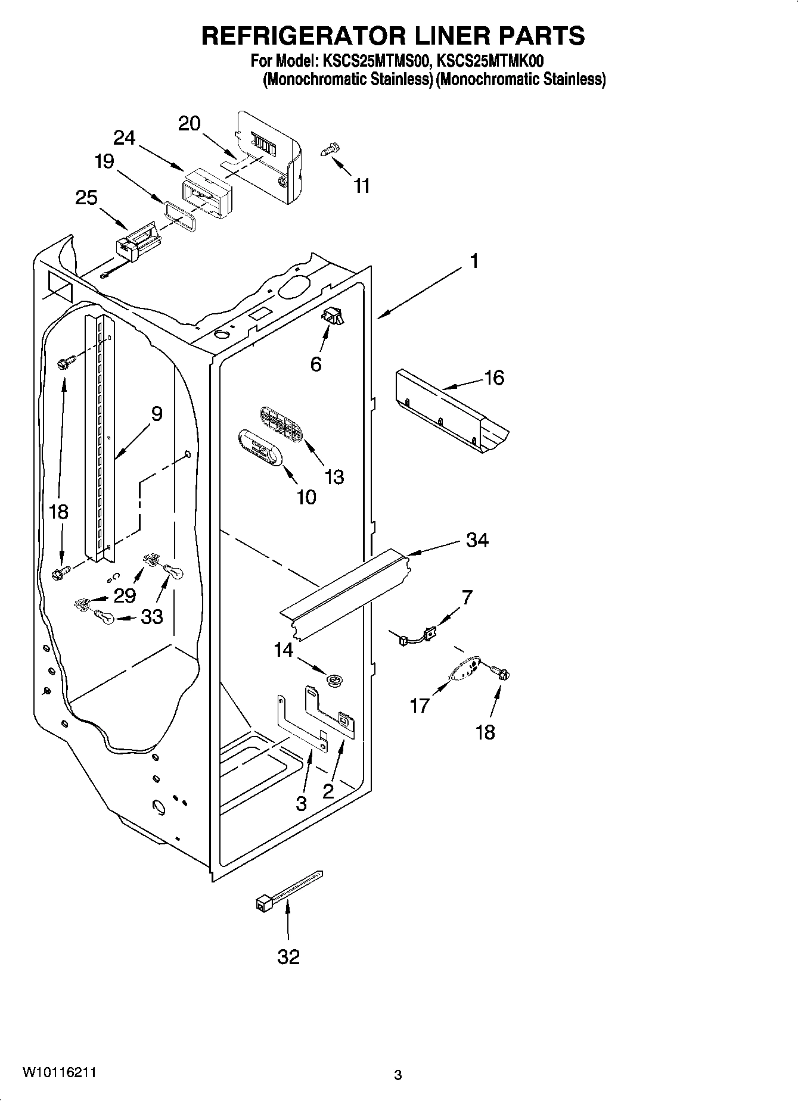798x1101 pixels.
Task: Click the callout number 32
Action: point(288,957)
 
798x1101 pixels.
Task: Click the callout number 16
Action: point(494,378)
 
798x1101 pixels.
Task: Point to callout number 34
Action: point(477,541)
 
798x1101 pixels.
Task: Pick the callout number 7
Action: point(467,597)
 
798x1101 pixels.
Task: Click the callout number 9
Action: point(156,413)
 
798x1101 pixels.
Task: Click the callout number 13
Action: point(334,476)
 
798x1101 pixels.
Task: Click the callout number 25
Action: point(86,197)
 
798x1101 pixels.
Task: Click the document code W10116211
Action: point(60,1072)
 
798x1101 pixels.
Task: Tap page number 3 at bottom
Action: point(398,1075)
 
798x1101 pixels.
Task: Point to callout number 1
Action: point(474,261)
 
